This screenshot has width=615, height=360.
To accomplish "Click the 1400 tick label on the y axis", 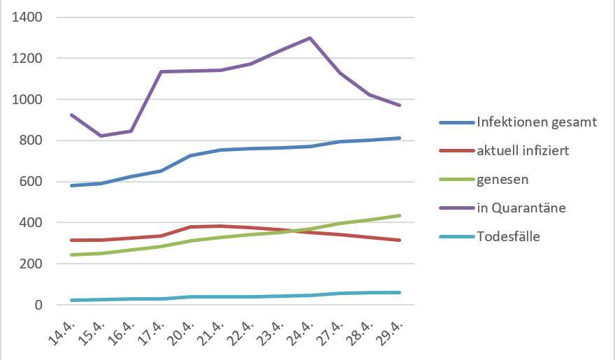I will (x=27, y=17).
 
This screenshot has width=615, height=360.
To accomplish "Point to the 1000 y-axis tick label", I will (x=27, y=99).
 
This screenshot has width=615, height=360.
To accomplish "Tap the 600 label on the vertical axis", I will (x=31, y=182).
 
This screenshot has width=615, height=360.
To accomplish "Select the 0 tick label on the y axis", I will (x=39, y=305).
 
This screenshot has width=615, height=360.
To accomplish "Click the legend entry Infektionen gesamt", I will (x=537, y=122).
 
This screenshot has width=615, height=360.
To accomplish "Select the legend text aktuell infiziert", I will (x=523, y=151).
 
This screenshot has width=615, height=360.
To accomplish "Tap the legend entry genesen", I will (x=502, y=180).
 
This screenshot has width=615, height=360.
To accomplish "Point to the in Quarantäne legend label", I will (x=521, y=208).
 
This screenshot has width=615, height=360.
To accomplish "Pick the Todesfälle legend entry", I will (x=508, y=236).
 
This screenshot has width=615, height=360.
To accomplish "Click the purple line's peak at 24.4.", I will (x=310, y=38).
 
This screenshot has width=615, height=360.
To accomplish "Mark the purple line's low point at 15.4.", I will (x=102, y=136).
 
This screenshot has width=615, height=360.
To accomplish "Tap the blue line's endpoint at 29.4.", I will (x=399, y=138).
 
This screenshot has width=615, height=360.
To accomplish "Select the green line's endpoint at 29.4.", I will (x=399, y=215).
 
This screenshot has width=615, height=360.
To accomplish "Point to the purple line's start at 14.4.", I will (x=72, y=115).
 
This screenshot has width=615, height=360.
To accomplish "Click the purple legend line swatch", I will (x=456, y=208).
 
